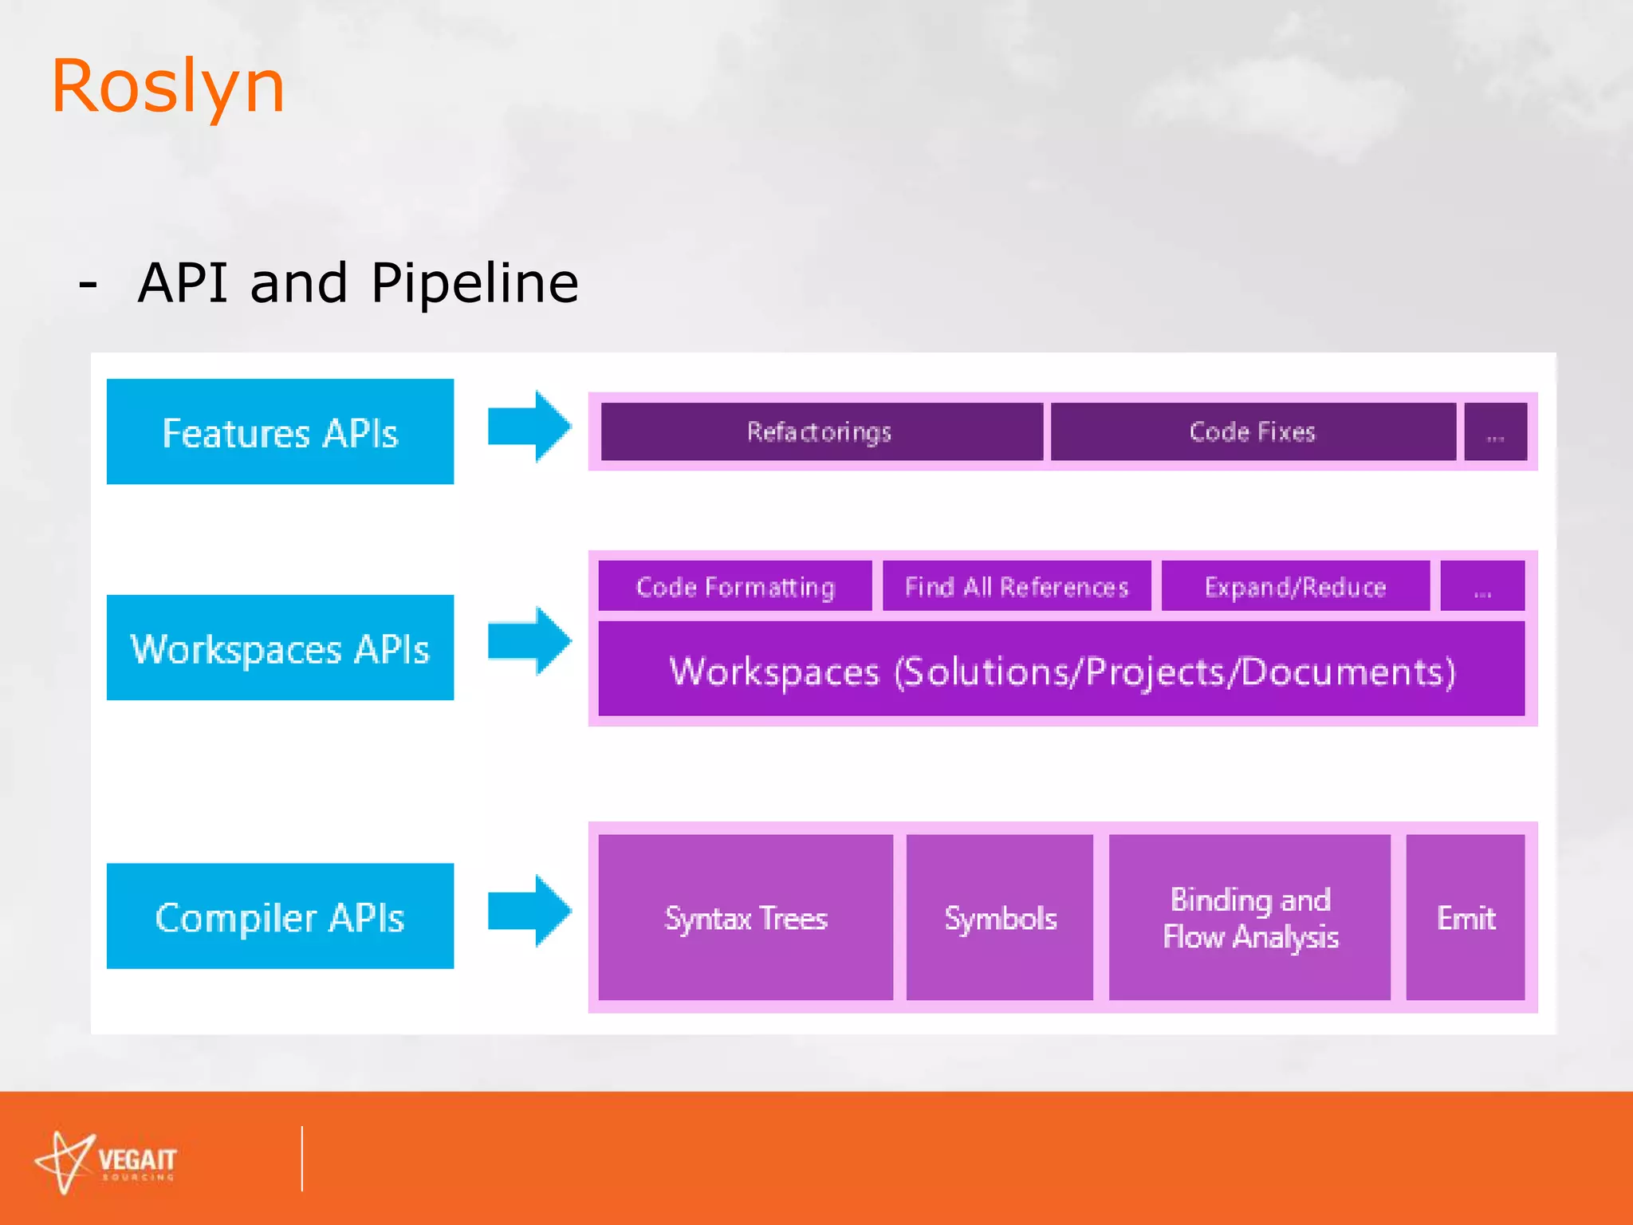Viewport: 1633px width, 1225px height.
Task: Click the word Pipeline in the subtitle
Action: tap(474, 283)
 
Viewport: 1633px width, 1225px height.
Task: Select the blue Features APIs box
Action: tap(280, 431)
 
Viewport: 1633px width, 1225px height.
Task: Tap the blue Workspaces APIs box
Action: tap(280, 648)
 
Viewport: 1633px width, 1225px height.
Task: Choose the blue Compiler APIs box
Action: tap(280, 916)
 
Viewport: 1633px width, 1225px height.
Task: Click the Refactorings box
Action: tap(821, 431)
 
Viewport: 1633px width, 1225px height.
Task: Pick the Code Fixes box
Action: tap(1253, 431)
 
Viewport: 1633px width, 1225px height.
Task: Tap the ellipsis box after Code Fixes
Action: tap(1496, 431)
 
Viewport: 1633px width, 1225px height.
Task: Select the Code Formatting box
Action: tap(734, 586)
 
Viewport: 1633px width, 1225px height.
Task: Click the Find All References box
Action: tap(1017, 586)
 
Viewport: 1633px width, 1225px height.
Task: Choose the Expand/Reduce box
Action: tap(1295, 586)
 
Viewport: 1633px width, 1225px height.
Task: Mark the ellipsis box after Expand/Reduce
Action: tap(1482, 586)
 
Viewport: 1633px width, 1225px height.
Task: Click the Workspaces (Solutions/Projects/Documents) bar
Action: tap(1061, 670)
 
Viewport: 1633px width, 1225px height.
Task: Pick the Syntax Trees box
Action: tap(746, 917)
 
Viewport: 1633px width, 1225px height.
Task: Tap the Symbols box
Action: tap(1000, 917)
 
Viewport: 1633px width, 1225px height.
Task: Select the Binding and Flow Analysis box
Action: tap(1249, 917)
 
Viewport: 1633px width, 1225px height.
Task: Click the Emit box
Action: tap(1466, 917)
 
